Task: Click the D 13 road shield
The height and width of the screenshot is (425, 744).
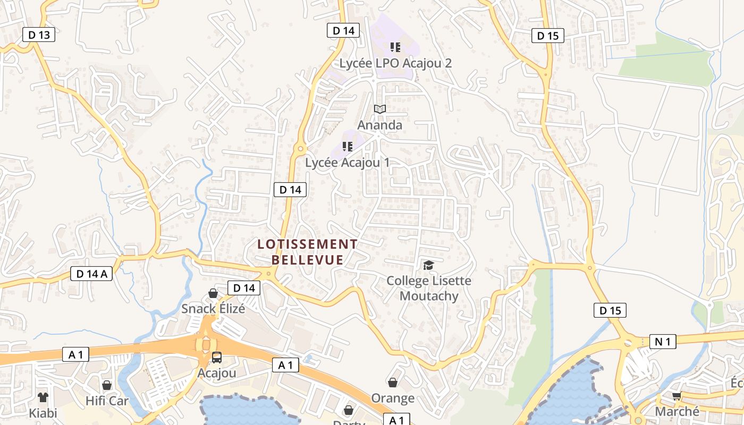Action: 39,35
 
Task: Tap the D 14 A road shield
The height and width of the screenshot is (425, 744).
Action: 91,274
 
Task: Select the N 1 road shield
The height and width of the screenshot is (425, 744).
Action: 662,342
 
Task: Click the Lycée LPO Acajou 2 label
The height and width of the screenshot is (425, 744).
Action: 395,63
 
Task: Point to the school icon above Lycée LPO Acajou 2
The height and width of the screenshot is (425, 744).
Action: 395,47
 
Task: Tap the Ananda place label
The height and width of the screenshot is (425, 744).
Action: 379,125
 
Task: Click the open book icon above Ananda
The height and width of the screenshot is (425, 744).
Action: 379,109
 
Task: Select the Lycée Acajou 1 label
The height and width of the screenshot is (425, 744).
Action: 347,163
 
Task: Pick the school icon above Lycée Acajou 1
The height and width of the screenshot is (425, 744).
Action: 348,147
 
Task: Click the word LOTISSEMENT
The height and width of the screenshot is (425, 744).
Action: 307,244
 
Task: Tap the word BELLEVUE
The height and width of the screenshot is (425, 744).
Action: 307,260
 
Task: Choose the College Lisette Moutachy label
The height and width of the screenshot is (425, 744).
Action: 429,288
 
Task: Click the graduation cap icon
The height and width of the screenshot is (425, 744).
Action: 428,265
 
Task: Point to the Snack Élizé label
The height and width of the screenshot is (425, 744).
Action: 213,309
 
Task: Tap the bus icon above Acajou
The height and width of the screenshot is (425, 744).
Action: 216,358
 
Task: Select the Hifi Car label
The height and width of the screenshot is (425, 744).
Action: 107,401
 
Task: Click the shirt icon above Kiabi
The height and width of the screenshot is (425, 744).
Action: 43,397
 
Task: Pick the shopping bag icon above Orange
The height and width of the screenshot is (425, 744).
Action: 393,382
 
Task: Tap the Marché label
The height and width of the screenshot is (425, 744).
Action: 677,412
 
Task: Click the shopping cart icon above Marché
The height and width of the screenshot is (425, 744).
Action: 677,396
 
